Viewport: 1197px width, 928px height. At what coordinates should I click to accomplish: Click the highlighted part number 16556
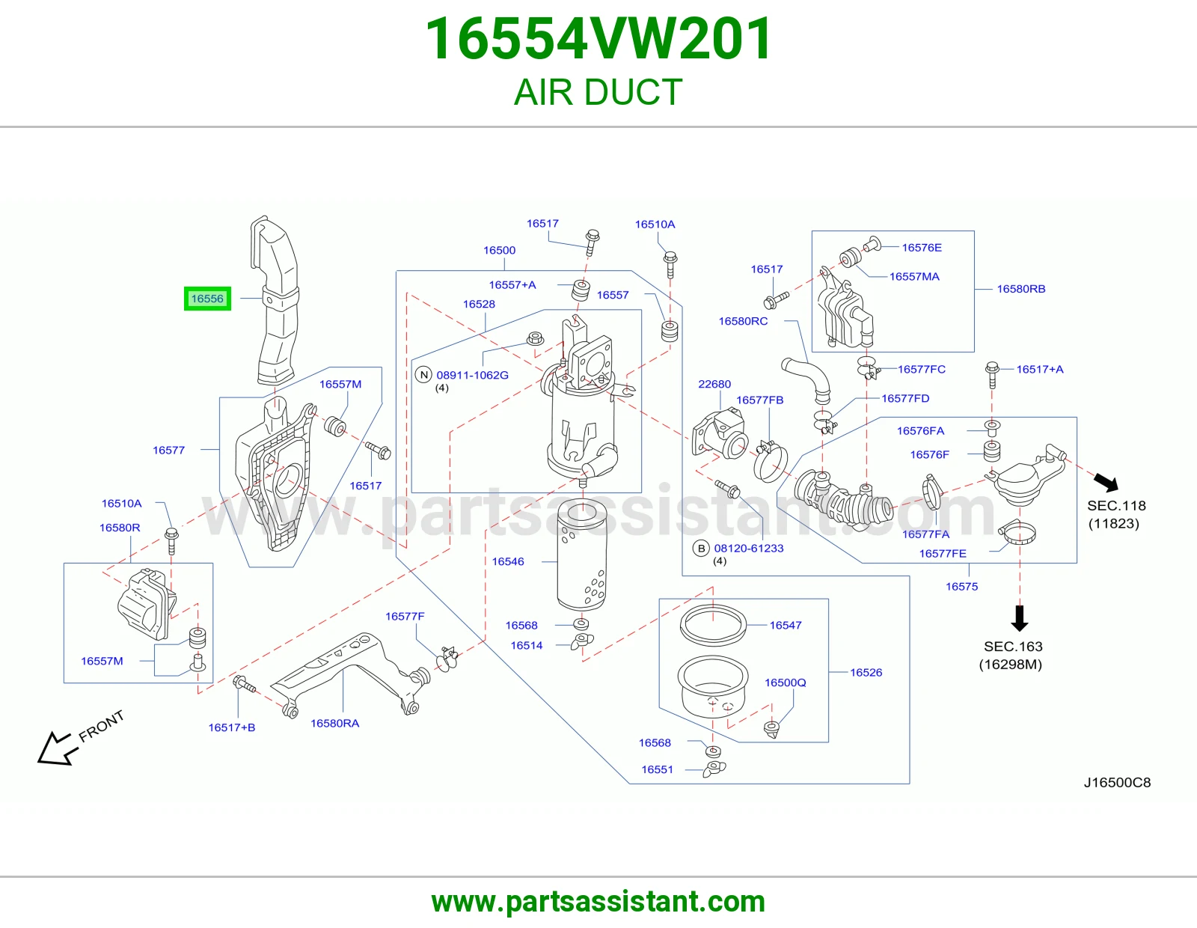[207, 299]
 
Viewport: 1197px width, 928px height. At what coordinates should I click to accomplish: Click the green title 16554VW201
[598, 39]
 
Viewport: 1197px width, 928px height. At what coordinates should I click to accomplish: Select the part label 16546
[508, 561]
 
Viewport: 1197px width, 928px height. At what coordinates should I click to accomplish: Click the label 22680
[714, 384]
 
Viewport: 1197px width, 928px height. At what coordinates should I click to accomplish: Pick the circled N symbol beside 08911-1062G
[423, 375]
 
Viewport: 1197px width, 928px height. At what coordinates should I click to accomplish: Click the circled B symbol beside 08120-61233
[701, 549]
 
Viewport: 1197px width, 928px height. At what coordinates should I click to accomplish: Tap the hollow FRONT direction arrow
[54, 749]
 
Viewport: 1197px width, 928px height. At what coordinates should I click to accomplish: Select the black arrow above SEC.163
[1020, 618]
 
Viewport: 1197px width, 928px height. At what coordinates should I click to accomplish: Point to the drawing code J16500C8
[1117, 783]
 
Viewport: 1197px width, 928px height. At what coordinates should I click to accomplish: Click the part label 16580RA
[335, 723]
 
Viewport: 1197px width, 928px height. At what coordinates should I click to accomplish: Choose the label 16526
[866, 672]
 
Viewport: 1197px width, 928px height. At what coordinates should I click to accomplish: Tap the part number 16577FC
[922, 369]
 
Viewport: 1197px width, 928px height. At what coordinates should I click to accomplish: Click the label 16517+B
[232, 727]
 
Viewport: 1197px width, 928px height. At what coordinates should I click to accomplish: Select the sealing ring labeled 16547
[714, 626]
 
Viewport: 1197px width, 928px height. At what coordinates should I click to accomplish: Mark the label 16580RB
[1021, 289]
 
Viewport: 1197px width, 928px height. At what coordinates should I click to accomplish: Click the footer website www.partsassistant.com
[598, 902]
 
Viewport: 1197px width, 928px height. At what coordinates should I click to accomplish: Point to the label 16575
[962, 586]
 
